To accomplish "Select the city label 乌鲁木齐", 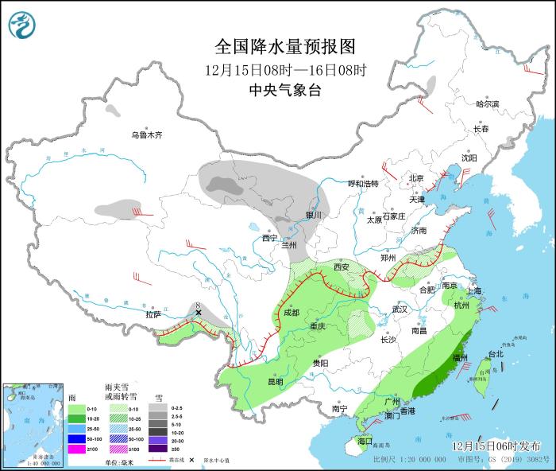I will (x=146, y=135).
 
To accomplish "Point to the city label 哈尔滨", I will (x=487, y=104).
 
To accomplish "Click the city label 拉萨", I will (x=153, y=315).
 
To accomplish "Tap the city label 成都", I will (x=290, y=313).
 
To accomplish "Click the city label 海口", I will (x=365, y=440).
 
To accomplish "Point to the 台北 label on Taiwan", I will (x=495, y=354).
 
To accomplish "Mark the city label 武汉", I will (x=400, y=309).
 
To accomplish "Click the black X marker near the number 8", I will (x=199, y=313).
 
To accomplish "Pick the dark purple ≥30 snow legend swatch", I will (x=160, y=450).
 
